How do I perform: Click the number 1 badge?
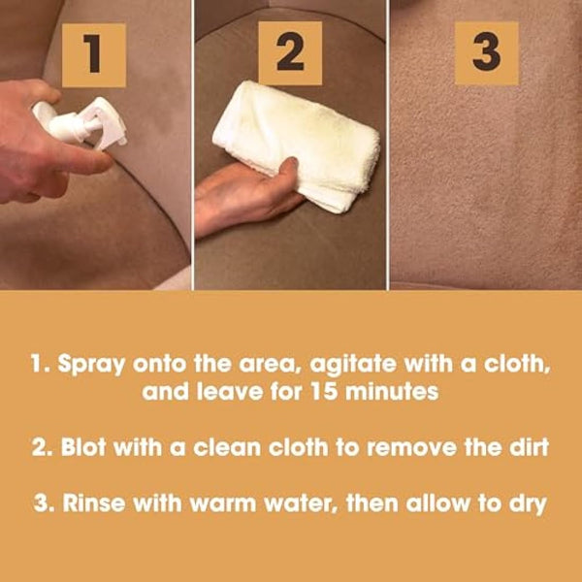(94, 55)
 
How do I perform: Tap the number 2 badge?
(290, 53)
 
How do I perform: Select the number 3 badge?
(487, 53)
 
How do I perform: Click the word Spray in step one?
(91, 366)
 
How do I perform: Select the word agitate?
(353, 365)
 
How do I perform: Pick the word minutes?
(392, 392)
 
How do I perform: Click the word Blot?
(83, 447)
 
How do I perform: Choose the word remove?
(411, 448)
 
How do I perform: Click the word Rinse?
(93, 503)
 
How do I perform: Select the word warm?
(223, 504)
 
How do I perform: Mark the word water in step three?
(302, 504)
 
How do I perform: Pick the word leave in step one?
(230, 392)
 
